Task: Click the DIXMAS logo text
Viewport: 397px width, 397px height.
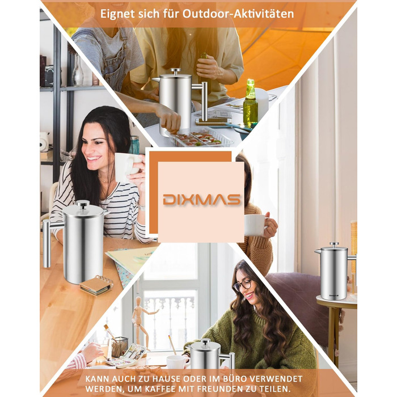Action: pos(201,200)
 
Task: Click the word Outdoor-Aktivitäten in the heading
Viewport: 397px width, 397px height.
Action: pos(238,14)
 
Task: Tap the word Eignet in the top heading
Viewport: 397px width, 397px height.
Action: pos(117,14)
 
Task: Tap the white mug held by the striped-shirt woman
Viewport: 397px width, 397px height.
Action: pos(126,167)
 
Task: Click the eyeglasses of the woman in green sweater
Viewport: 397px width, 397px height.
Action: pos(242,285)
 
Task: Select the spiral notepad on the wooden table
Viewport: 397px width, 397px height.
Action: pos(96,285)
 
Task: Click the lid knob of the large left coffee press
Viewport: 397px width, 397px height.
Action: pos(83,204)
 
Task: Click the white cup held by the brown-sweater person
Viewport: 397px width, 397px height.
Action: pos(255,225)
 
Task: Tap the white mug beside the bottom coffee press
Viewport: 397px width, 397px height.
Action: pos(178,362)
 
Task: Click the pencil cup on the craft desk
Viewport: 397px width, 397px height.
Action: pos(119,347)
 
